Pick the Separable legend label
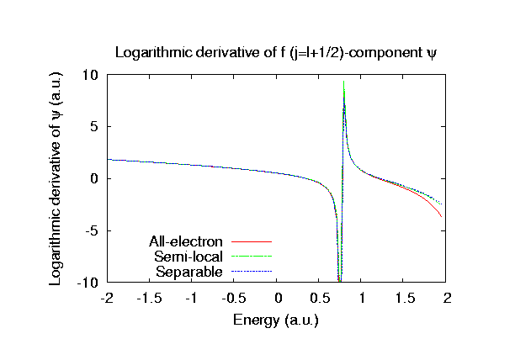[189, 272]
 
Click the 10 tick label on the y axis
[91, 75]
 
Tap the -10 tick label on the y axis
[88, 283]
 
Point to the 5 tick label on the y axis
[94, 127]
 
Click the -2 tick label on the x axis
[107, 299]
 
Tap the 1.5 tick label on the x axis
[406, 299]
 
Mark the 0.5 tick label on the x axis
[321, 299]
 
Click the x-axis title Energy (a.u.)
[278, 320]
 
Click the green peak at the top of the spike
[344, 82]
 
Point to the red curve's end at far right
[441, 216]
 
